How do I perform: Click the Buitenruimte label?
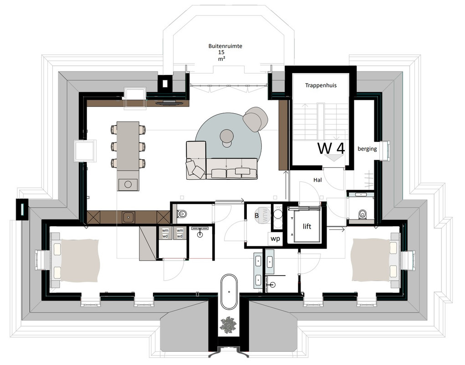click(x=225, y=46)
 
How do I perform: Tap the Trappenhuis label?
click(x=321, y=85)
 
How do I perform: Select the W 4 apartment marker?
click(x=331, y=148)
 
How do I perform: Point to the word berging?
click(x=367, y=149)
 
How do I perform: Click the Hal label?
click(x=317, y=180)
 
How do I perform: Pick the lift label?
click(x=307, y=227)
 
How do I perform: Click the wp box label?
click(x=275, y=239)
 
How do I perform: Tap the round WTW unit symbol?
click(x=263, y=214)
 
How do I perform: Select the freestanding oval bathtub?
click(x=229, y=292)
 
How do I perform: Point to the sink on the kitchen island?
click(x=128, y=184)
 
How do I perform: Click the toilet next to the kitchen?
click(x=182, y=214)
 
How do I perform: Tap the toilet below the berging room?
click(x=362, y=214)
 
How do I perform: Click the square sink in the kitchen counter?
click(x=128, y=216)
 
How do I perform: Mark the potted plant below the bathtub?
click(x=228, y=324)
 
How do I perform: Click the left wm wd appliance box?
click(x=165, y=234)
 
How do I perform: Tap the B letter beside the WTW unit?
click(x=257, y=216)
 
